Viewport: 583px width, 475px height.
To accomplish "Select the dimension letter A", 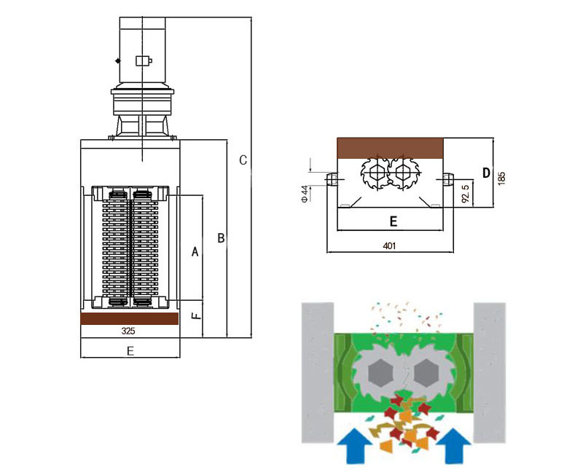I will pyautogui.click(x=195, y=251).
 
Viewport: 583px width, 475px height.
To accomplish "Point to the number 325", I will pyautogui.click(x=128, y=331).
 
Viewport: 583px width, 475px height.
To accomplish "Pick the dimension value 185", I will pyautogui.click(x=502, y=177).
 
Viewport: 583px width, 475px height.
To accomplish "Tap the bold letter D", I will pyautogui.click(x=486, y=173).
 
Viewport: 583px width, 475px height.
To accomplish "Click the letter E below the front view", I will pyautogui.click(x=130, y=351).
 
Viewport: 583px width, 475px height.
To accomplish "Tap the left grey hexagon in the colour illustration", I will pyautogui.click(x=379, y=374).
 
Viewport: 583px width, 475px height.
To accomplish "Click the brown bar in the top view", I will pyautogui.click(x=389, y=147).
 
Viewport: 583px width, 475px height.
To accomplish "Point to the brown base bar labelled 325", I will pyautogui.click(x=130, y=319).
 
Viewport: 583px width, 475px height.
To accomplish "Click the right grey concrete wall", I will pyautogui.click(x=490, y=372).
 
